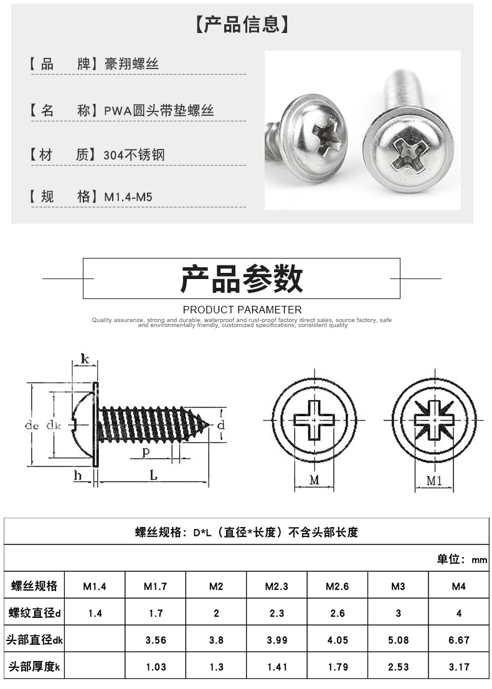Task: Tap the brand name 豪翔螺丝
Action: [132, 64]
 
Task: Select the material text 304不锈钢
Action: [134, 155]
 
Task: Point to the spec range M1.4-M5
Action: [128, 197]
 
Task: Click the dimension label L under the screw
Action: [153, 475]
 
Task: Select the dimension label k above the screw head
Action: [85, 359]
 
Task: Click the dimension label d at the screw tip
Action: [220, 425]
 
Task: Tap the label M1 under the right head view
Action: [434, 480]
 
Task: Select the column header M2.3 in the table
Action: [277, 586]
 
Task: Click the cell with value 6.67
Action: [458, 640]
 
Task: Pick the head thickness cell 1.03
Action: [156, 667]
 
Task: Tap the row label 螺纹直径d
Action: [34, 613]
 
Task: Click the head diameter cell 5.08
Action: [398, 640]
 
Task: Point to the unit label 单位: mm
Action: [461, 559]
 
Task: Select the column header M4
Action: [458, 586]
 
